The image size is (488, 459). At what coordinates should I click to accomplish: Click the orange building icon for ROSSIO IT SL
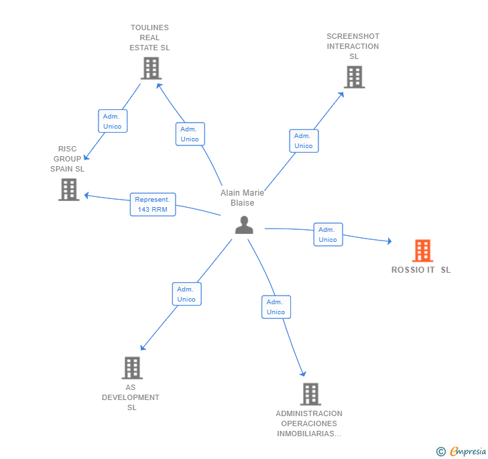tap(422, 251)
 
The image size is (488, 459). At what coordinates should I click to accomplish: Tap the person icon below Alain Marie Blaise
tap(244, 225)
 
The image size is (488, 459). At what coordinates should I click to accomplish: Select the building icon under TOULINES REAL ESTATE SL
tap(151, 68)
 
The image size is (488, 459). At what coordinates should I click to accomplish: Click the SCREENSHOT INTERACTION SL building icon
tap(355, 77)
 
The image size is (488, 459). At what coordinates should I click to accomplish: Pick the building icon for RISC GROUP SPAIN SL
tap(69, 190)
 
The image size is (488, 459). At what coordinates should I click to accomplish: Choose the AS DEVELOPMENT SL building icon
tap(132, 368)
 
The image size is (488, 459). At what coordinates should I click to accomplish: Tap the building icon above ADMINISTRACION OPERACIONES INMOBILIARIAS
tap(310, 394)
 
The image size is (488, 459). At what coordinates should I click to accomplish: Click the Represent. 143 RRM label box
tap(153, 204)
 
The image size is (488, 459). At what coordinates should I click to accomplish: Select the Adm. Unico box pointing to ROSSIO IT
tap(328, 235)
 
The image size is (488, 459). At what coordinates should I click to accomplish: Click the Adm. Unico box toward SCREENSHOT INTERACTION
tap(304, 141)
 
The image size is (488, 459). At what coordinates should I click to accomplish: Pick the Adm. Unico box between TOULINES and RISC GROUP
tap(113, 121)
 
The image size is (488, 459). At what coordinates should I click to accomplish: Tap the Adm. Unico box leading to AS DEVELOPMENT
tap(187, 293)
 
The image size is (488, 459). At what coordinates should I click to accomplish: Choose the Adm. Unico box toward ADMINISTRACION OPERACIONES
tap(276, 307)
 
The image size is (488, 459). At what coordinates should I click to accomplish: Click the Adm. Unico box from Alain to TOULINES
tap(190, 134)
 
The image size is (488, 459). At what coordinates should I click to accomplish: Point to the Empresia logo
tap(468, 451)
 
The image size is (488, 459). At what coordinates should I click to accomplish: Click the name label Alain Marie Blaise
tap(242, 198)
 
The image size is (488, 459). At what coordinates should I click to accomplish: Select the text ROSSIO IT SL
tap(421, 270)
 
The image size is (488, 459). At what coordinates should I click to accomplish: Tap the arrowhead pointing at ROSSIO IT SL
tap(389, 241)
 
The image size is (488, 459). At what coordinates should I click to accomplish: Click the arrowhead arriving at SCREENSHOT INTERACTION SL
tap(341, 94)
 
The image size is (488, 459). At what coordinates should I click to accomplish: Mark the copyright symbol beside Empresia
tap(441, 451)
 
